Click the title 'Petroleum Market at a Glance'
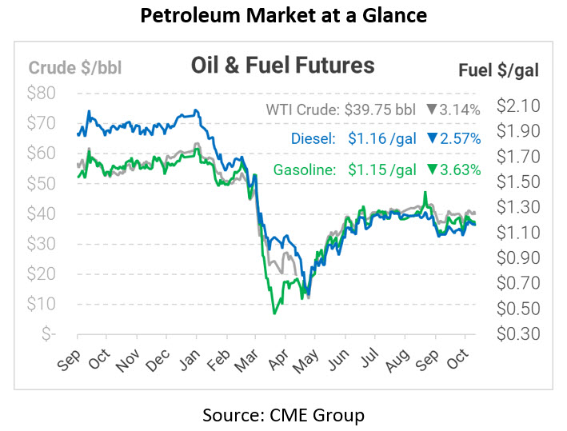283,14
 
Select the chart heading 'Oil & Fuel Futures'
282,64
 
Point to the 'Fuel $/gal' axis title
498,70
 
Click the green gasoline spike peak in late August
426,193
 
